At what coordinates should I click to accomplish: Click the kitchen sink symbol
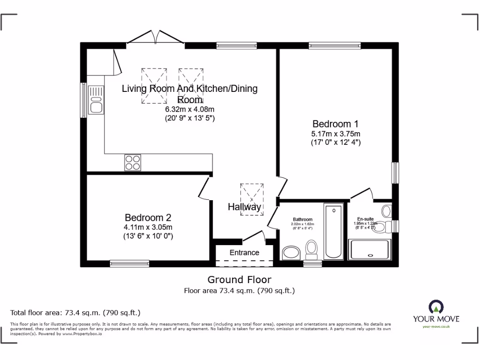[96, 99]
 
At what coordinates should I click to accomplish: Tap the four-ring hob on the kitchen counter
[132, 162]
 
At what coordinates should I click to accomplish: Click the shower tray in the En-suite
[370, 249]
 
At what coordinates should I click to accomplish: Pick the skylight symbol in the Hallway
[252, 199]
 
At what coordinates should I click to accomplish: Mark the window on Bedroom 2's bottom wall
[129, 263]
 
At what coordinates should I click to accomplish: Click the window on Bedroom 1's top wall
[335, 45]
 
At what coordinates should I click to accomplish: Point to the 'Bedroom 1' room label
[336, 124]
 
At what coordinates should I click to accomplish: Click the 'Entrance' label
[244, 253]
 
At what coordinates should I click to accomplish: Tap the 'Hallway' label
[244, 207]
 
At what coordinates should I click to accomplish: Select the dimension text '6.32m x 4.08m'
[189, 110]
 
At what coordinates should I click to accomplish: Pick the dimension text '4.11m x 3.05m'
[148, 227]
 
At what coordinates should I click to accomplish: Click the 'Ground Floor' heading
[239, 280]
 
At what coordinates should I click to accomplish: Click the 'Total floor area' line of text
[75, 313]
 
